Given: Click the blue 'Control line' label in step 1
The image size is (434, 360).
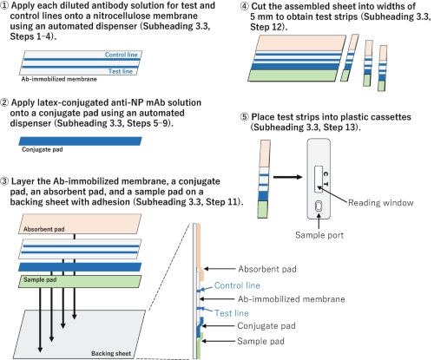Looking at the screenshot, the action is point(121,55).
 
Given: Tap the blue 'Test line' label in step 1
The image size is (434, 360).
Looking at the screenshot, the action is point(121,71).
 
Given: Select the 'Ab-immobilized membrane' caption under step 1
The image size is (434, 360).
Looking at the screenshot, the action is point(59,79).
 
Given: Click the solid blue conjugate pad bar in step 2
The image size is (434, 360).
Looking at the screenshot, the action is point(80,141).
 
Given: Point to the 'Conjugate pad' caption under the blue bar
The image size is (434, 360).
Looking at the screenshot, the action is point(43,149).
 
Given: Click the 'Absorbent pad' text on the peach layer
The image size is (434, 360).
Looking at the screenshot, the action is point(44,229).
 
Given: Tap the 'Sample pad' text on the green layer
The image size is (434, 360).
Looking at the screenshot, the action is point(40,279).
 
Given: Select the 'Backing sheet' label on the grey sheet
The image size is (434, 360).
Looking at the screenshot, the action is point(111,353).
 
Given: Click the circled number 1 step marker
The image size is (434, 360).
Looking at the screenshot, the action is point(4,5).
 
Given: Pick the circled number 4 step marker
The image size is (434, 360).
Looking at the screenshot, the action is point(245,6).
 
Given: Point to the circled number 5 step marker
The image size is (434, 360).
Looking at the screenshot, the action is point(245,117).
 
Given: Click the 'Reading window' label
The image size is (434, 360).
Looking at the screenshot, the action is point(380,203).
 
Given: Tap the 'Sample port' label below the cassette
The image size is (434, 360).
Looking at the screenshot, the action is point(319,235).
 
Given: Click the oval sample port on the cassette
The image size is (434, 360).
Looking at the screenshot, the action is point(319,206).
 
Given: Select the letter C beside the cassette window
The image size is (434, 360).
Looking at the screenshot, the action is point(325,173).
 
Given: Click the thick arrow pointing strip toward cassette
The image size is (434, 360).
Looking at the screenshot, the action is point(288,177).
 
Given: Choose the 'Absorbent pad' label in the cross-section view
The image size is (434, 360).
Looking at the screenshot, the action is point(267,269).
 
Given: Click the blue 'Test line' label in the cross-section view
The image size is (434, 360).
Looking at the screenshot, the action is point(232,313).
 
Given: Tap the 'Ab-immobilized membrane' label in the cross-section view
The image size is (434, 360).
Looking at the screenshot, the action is point(292,299).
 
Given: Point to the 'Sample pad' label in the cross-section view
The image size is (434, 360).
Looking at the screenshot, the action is point(260,341).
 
